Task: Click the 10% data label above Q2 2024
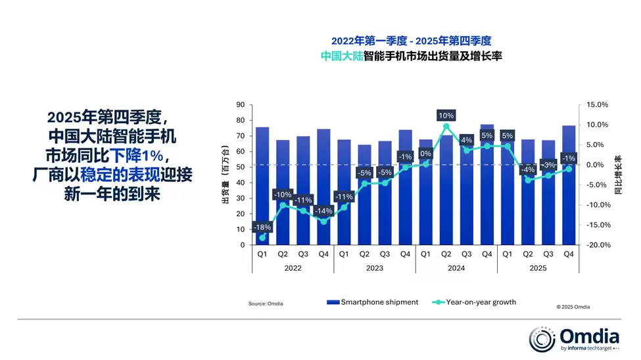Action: coord(446,116)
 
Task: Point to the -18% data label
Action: coord(262,227)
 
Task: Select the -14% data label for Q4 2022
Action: coord(323,211)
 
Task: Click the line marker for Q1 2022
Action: coord(262,238)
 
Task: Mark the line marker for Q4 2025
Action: coord(569,169)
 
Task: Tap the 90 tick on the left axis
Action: coord(241,104)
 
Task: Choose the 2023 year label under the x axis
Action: coord(374,267)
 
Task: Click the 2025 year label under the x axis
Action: coord(538,267)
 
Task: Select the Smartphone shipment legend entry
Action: coord(373,302)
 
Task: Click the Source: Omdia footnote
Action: coord(266,304)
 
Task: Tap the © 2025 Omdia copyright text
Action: coord(573,306)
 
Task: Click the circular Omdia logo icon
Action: coord(542,339)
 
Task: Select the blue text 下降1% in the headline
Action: coord(136,156)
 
